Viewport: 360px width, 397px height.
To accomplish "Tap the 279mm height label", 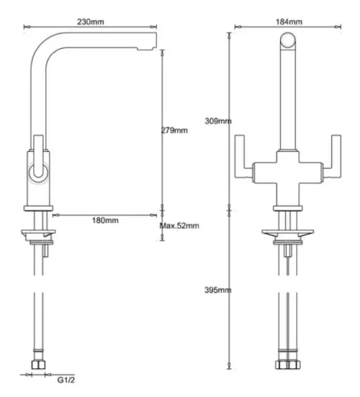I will [x=174, y=130].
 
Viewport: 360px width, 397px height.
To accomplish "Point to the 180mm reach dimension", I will [x=107, y=220].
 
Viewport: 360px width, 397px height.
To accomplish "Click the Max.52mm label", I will [x=179, y=226].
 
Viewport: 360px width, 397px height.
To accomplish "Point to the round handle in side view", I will [x=37, y=170].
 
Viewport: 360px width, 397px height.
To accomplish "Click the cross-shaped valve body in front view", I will [x=289, y=172].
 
